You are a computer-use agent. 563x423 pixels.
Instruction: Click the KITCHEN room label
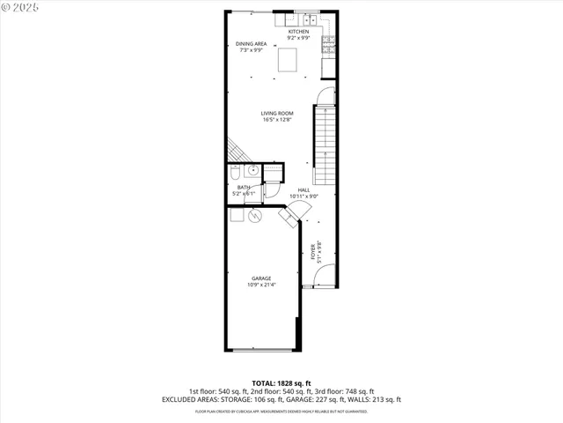point(299,32)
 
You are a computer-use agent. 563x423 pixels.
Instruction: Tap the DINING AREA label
point(251,44)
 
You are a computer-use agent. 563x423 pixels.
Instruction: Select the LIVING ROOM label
point(277,114)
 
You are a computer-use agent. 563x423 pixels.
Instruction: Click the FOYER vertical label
point(311,252)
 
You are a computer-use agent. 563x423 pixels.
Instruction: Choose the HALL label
point(303,190)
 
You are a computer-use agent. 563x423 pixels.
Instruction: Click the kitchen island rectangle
point(288,60)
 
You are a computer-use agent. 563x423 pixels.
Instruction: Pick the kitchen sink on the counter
point(309,19)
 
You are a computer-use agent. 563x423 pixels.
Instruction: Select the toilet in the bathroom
point(236,173)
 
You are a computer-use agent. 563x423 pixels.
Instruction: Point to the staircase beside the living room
point(325,141)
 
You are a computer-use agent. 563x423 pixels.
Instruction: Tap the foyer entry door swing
point(323,276)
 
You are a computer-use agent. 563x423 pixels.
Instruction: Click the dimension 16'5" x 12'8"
point(277,120)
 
